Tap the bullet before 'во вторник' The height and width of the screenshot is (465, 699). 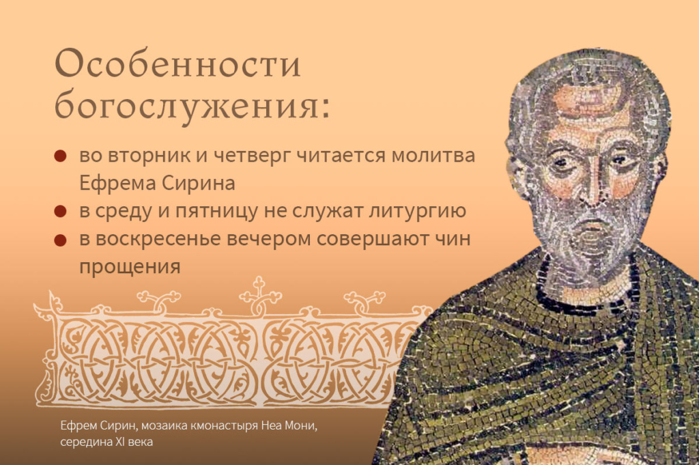tap(60, 156)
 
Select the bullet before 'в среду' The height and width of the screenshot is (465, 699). tap(60, 212)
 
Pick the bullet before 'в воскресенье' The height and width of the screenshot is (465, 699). tap(60, 240)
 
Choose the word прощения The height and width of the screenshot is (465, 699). tap(130, 266)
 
